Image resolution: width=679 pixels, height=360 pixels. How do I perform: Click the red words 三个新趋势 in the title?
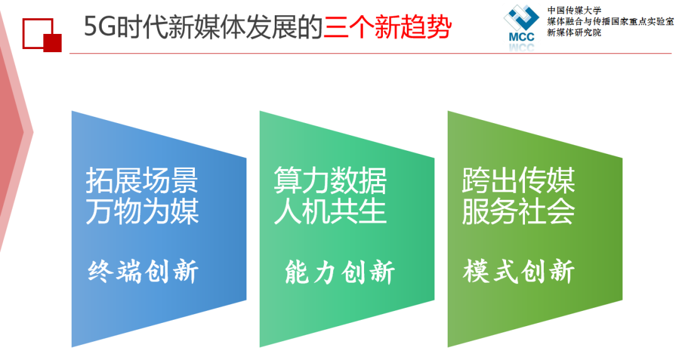pos(387,27)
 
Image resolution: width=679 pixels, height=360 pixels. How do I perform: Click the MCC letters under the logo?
pos(522,37)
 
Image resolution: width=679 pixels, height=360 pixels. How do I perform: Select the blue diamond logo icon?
pos(521,18)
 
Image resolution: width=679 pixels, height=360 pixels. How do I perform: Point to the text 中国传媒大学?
pos(574,10)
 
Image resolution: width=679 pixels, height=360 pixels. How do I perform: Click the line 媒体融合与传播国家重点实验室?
pos(610,21)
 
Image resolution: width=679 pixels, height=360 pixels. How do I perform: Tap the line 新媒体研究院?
pos(574,33)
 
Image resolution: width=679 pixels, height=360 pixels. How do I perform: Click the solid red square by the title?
pos(52,43)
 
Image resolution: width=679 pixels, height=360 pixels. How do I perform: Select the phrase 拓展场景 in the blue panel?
pos(142,180)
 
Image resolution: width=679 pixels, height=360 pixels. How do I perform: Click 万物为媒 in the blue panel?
pos(142,211)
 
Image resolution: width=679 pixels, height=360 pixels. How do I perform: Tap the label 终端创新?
pos(143,271)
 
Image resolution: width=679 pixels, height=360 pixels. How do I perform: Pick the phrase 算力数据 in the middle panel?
pos(330,180)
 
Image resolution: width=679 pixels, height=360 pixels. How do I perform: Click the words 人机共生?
pos(330,211)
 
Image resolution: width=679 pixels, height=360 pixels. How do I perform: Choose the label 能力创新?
pos(340,272)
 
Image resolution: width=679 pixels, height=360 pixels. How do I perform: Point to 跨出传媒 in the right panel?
pos(518,180)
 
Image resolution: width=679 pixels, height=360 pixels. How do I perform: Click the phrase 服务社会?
pos(518,211)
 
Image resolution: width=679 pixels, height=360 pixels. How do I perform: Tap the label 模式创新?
pos(519,271)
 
